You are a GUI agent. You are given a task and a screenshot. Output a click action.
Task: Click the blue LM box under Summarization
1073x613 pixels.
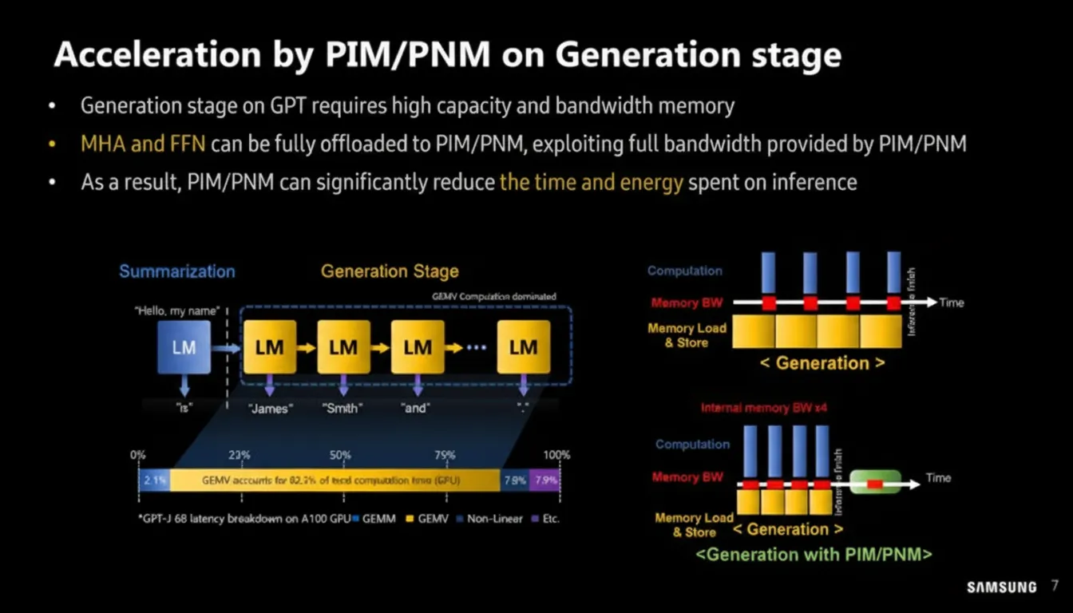click(184, 347)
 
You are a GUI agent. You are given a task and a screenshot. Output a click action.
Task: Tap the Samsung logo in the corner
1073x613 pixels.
click(1001, 587)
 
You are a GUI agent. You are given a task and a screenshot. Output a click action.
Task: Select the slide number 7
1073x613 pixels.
click(1055, 587)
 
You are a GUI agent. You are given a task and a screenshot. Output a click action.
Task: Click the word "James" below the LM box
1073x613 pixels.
click(271, 408)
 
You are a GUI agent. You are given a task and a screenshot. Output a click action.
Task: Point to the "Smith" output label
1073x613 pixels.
click(342, 408)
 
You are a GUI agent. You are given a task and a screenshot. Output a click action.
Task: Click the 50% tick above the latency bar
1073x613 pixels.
click(340, 455)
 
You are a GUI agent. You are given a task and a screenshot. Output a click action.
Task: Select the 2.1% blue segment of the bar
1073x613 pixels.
click(154, 481)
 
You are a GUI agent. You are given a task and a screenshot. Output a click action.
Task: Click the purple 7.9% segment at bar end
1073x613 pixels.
click(546, 481)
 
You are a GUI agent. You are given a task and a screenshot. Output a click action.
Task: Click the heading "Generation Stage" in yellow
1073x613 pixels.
click(390, 271)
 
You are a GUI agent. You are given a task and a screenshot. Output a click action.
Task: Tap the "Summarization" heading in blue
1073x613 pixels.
click(177, 271)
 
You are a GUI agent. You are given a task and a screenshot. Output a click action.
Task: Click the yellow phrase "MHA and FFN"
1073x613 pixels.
click(143, 144)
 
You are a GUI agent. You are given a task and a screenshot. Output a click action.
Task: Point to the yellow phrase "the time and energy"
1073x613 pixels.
click(591, 182)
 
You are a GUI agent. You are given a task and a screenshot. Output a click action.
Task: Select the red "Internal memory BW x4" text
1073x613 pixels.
click(756, 408)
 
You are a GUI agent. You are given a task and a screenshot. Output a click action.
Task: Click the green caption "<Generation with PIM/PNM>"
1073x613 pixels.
click(814, 554)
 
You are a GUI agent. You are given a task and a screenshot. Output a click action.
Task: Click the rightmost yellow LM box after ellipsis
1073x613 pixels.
click(523, 347)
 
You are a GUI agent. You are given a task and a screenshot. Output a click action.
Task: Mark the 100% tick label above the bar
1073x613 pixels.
click(556, 455)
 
